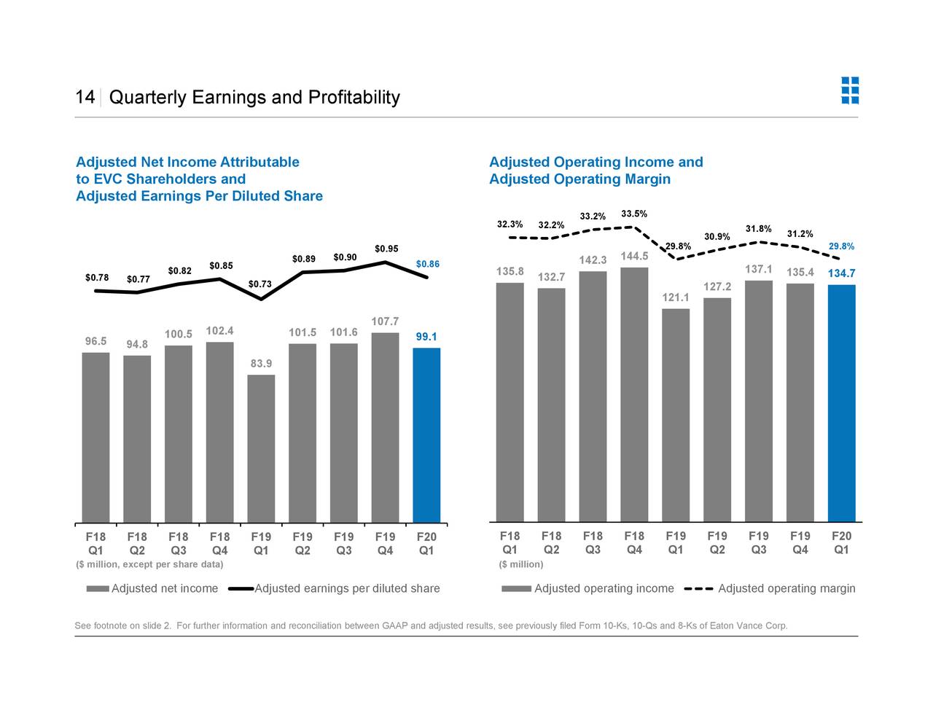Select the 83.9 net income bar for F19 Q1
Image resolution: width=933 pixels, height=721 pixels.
[261, 448]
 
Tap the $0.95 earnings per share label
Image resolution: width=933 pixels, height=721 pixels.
[386, 249]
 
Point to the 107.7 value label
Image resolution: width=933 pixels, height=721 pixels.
[385, 321]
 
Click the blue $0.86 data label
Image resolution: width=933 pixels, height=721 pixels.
[427, 264]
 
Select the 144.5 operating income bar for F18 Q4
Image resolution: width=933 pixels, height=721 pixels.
[634, 394]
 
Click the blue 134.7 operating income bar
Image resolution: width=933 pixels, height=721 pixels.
[841, 403]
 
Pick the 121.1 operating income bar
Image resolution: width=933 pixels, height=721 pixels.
[676, 415]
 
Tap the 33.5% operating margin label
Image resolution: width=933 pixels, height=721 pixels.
[634, 214]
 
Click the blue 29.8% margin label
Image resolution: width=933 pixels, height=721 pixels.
[841, 246]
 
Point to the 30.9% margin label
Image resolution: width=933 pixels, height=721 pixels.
[717, 236]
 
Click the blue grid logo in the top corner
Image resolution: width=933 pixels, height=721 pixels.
[849, 90]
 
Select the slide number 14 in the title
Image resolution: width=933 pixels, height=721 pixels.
[85, 98]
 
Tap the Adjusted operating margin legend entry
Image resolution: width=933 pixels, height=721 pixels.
[786, 588]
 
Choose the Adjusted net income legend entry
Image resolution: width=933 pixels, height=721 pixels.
[164, 588]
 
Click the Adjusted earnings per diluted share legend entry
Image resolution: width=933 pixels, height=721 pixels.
[346, 588]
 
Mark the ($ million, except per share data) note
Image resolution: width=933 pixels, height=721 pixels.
[149, 564]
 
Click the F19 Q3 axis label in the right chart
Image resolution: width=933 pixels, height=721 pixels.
[758, 543]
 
